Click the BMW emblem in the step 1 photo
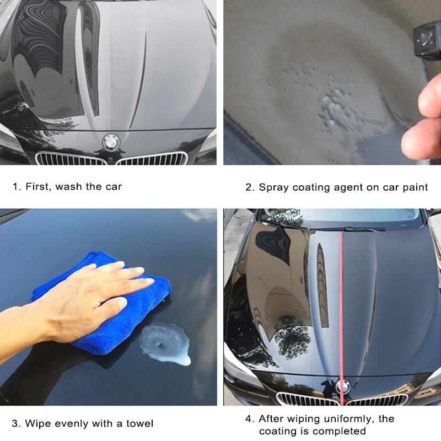tap(110, 142)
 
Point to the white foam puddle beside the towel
tap(165, 345)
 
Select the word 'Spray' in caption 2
tap(275, 187)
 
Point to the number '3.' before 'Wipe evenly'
tap(17, 423)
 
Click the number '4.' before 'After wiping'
tap(249, 418)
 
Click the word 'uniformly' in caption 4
tap(341, 418)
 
